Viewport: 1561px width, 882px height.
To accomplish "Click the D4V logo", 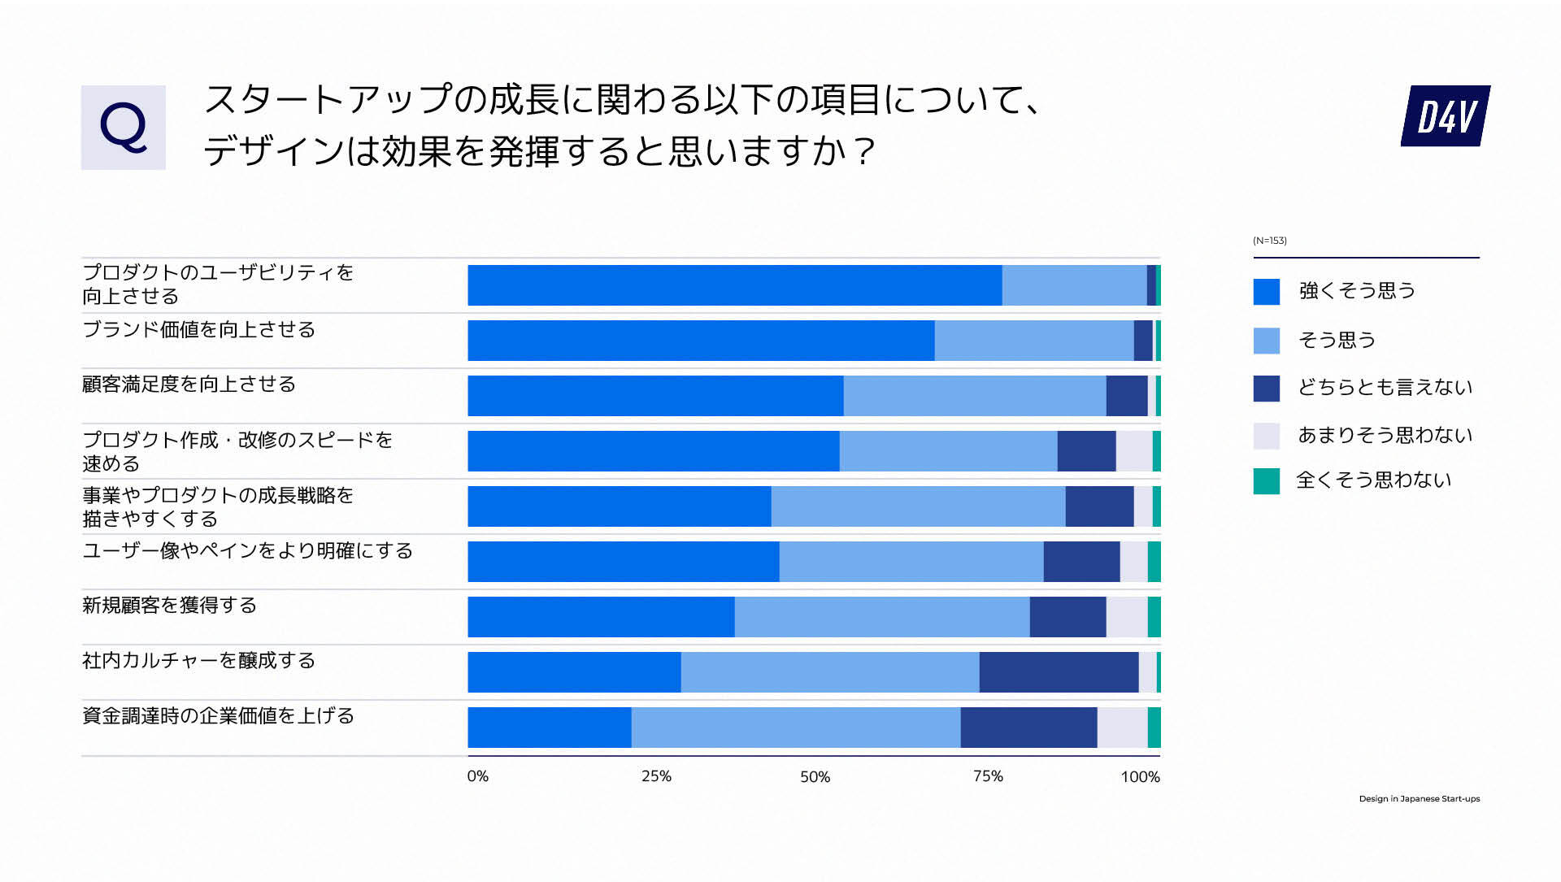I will (1445, 116).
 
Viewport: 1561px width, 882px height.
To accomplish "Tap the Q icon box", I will (123, 128).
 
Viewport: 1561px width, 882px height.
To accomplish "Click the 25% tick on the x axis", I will (656, 776).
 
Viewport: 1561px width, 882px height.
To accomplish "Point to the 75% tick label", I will (988, 776).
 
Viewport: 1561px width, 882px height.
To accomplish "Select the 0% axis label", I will (478, 776).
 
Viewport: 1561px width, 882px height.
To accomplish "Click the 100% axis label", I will (1140, 777).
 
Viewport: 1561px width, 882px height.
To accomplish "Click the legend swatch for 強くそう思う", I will (1266, 292).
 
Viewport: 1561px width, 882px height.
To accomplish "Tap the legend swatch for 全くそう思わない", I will (1266, 481).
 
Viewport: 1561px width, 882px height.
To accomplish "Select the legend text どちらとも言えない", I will (1385, 388).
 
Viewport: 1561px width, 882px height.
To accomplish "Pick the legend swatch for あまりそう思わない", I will (1266, 436).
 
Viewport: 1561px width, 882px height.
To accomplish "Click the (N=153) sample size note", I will (1269, 241).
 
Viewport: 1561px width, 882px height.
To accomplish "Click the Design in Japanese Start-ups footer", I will (1419, 799).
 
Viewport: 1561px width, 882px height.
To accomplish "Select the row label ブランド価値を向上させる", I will (198, 330).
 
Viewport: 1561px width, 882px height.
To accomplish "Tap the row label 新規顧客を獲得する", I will (169, 606).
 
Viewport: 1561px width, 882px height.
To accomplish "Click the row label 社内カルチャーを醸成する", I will (198, 661).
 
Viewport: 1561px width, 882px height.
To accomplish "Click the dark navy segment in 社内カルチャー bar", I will (1058, 672).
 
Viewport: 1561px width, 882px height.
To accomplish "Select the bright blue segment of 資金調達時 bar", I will (549, 728).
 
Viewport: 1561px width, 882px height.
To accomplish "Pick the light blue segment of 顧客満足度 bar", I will (974, 396).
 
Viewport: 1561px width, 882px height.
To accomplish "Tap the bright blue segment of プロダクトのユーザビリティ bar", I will (734, 285).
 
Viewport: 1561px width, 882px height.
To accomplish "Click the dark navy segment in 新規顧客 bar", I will (1067, 617).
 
